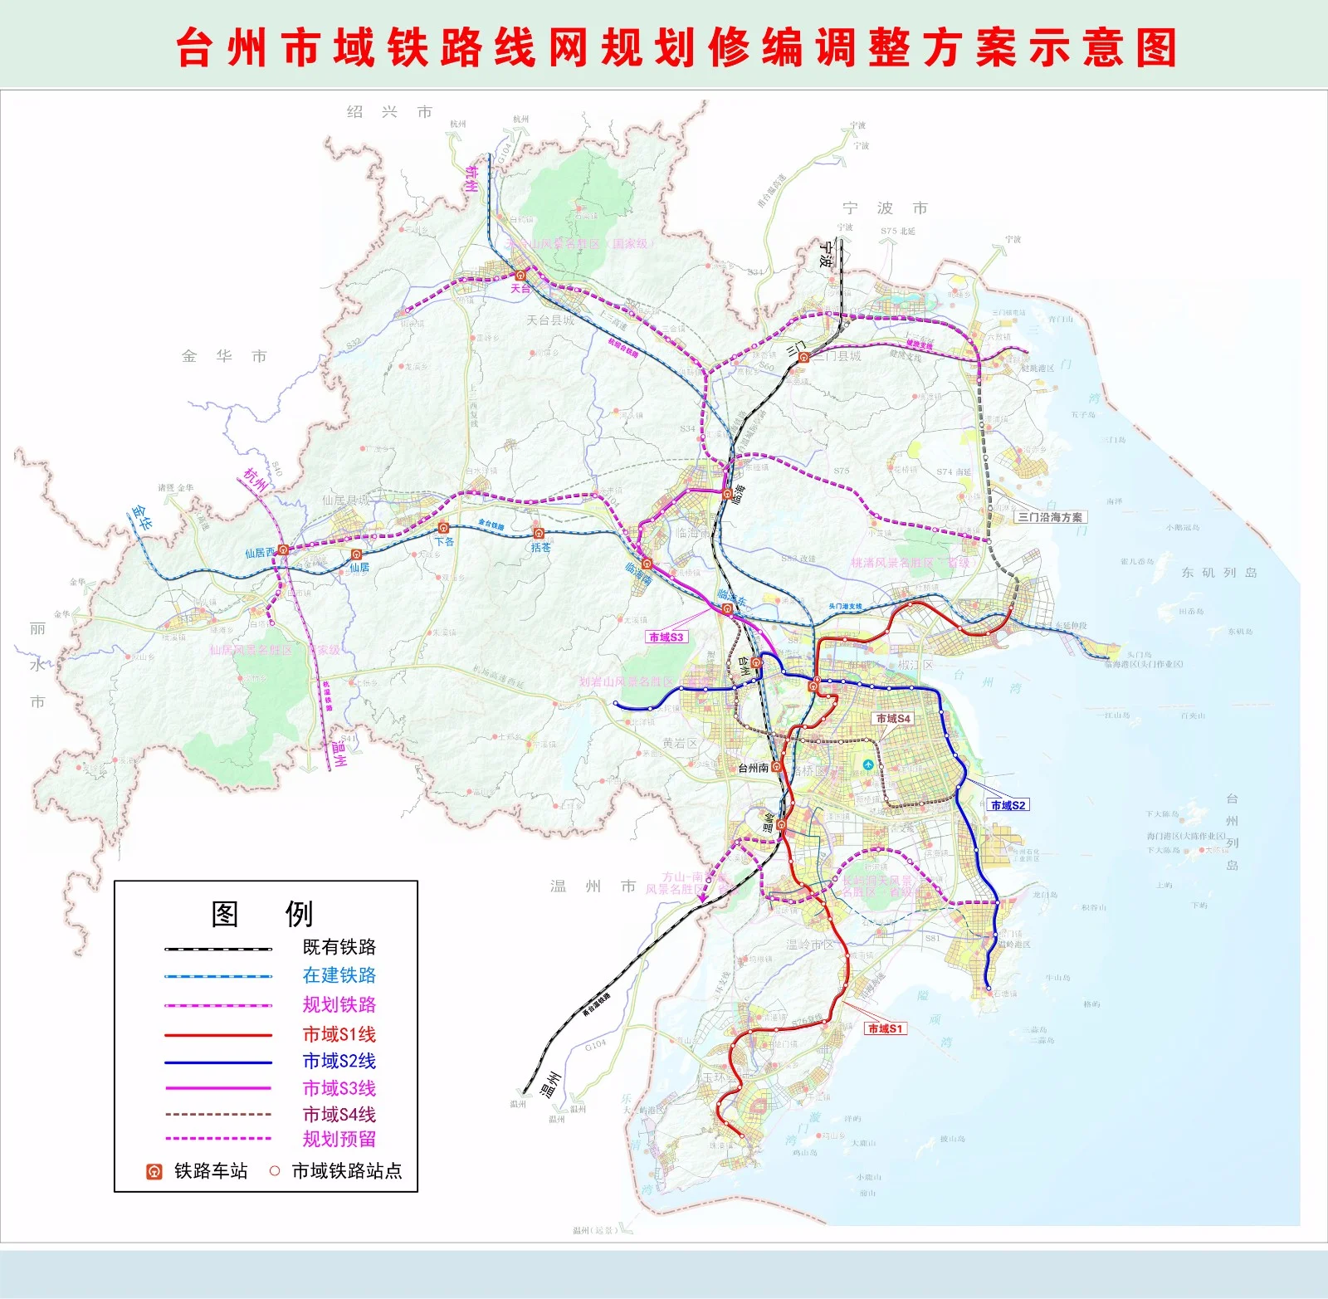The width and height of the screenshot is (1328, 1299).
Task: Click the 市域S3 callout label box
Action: point(666,637)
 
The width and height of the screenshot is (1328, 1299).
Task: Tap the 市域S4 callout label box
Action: point(893,718)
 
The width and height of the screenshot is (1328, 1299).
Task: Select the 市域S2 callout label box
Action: point(1008,804)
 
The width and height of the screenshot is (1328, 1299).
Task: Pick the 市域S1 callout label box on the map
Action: point(885,1028)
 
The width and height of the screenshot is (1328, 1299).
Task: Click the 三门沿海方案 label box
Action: point(1050,516)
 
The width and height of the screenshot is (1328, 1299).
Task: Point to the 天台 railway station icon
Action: point(520,275)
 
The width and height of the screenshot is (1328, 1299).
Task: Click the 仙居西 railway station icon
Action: point(283,549)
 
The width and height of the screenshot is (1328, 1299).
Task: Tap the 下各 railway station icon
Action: point(443,528)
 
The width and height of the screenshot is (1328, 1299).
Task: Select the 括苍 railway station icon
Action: point(539,533)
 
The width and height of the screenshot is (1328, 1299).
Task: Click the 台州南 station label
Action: point(753,768)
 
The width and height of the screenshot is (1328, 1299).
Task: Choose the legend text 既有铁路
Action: point(339,947)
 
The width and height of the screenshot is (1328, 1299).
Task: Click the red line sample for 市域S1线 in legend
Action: point(217,1035)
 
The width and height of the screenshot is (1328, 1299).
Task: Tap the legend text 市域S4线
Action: point(339,1114)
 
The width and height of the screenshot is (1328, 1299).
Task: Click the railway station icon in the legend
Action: point(154,1171)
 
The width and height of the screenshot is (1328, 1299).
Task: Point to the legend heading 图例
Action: point(262,914)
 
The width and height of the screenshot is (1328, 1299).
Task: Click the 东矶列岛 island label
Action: point(1218,573)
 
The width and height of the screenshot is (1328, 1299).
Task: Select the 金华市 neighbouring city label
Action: point(224,356)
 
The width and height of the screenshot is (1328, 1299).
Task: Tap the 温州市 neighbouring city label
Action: point(593,886)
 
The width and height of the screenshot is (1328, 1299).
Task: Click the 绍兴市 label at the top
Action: point(389,112)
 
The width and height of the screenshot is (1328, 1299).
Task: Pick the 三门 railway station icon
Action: point(803,357)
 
